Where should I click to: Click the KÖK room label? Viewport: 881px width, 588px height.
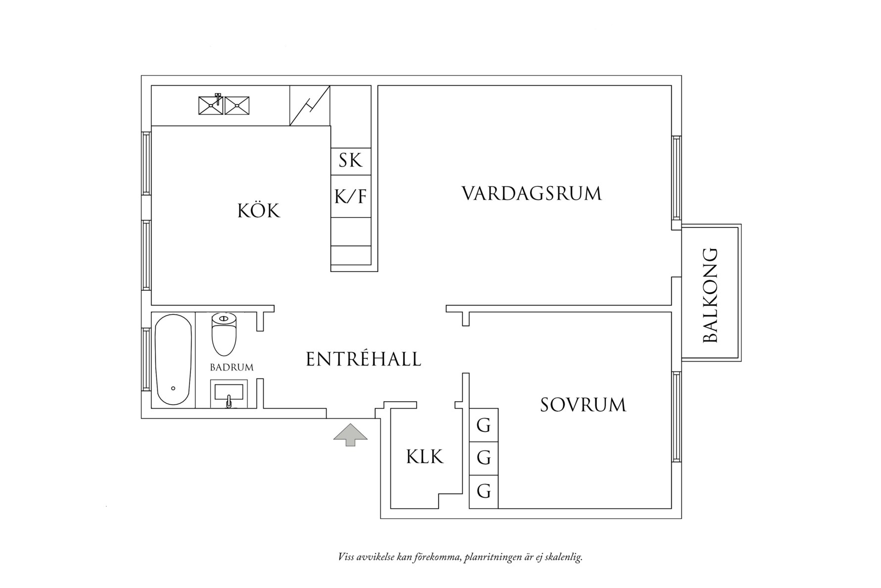point(258,211)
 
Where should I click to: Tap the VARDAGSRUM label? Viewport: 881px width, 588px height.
point(532,193)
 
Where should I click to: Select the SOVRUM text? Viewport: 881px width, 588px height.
point(583,405)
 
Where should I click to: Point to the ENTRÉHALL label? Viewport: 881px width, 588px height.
point(363,359)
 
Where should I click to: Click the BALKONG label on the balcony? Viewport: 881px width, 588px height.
point(710,295)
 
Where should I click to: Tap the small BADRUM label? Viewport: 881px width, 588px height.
point(232,368)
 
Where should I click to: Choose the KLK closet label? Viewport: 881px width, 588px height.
point(425,456)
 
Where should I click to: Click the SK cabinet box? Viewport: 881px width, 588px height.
point(350,161)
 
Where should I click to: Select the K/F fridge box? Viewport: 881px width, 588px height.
point(350,197)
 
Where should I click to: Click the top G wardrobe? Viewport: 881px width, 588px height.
point(484,425)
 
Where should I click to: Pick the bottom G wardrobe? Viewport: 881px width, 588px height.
point(484,491)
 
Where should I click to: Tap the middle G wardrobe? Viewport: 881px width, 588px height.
point(484,458)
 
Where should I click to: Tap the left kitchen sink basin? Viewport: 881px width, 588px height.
point(210,106)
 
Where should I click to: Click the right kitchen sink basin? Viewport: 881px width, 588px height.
point(238,106)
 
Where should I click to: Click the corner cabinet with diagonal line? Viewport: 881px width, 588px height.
point(310,106)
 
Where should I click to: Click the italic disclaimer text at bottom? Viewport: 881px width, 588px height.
point(460,557)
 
